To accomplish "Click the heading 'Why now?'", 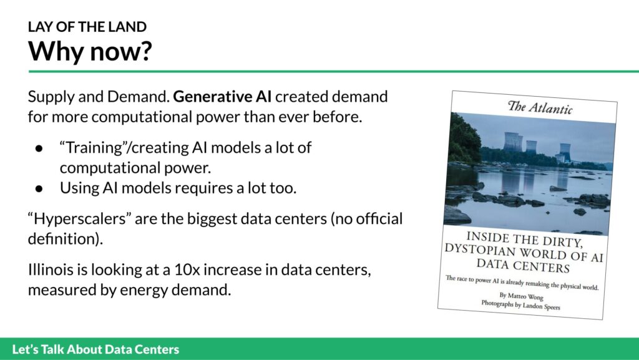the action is (x=90, y=51).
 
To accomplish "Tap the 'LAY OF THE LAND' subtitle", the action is (x=87, y=27).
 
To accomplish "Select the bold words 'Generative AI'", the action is (x=222, y=97).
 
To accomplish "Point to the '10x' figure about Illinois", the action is (x=186, y=270).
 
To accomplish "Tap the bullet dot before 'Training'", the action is (x=39, y=148).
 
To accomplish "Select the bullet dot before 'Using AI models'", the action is (x=39, y=188).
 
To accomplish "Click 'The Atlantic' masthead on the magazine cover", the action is (x=540, y=107).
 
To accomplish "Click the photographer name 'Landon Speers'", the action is (x=541, y=306).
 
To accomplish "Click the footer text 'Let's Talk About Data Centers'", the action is (x=95, y=349).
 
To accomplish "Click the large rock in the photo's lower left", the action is (x=457, y=215).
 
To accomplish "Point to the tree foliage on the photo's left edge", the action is (x=464, y=139).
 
